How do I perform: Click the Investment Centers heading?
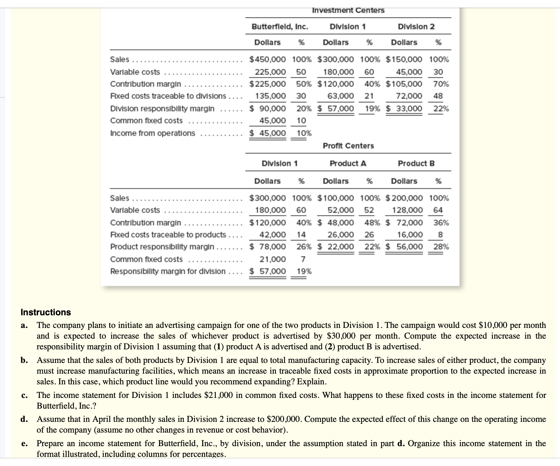[348, 10]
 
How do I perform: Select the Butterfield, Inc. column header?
[280, 26]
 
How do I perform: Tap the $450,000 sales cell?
[268, 59]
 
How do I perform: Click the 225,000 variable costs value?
[270, 72]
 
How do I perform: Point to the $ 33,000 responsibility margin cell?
[404, 108]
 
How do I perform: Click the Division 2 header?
[416, 26]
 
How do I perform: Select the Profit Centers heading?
[348, 146]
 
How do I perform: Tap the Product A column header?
[348, 163]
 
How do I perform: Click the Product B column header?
[416, 163]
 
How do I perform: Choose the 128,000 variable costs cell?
[407, 210]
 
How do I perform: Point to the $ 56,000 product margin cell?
[405, 247]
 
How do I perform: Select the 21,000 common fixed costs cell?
[272, 259]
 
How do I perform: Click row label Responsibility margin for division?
[168, 271]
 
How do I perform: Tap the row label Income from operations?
[152, 133]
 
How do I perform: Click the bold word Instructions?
[46, 312]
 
